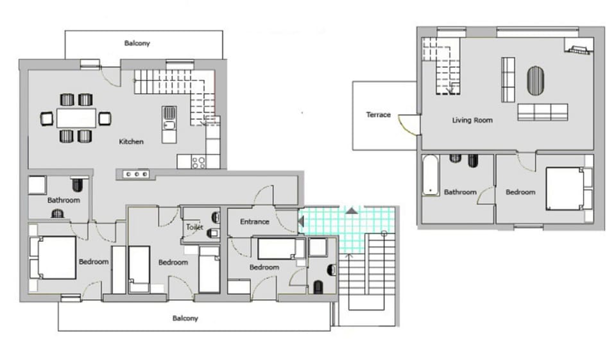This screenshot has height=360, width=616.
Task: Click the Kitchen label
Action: pos(131,141)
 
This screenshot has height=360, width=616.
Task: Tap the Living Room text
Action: pos(472,120)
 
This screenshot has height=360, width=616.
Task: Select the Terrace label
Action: pos(378,115)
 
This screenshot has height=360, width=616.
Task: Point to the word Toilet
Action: pos(194,227)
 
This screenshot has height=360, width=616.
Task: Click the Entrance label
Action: pos(254,222)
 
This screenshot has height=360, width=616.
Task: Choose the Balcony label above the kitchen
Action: pos(137,44)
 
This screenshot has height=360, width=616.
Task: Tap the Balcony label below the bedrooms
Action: pos(185,318)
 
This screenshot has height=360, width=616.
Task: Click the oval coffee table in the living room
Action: pos(535,81)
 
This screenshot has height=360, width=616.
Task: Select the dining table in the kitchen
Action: pos(76,118)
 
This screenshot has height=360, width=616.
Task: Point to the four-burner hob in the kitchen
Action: pos(199,162)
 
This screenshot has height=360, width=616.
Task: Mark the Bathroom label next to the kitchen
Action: pos(64,200)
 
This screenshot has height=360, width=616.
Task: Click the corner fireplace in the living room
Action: pos(576,48)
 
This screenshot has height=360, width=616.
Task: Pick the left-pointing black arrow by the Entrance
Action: pos(301,221)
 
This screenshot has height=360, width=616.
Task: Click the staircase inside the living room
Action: pos(441,65)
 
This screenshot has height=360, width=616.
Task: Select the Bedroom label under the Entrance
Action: pos(264,267)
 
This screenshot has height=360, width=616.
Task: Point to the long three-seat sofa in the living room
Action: pos(542,112)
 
